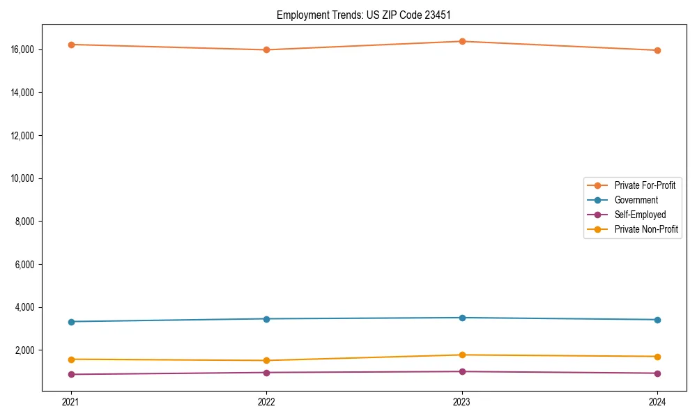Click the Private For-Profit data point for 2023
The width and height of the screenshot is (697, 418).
pos(462,41)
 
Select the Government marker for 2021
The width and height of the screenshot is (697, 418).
pos(71,321)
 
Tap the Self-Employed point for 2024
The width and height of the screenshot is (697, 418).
pos(657,373)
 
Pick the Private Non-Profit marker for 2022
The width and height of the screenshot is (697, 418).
pos(266,360)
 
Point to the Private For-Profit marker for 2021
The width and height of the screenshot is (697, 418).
pos(71,45)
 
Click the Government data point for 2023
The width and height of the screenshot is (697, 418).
pos(462,318)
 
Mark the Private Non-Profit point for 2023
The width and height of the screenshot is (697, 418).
pos(462,355)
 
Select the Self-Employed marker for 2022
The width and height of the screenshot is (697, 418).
pos(266,372)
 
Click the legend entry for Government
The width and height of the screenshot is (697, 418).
pos(636,200)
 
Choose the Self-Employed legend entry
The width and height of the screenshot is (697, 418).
pos(640,215)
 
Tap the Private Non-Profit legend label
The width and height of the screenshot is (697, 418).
pos(646,229)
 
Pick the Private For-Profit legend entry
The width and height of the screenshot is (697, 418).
pos(644,185)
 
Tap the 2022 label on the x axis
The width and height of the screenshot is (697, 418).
pos(266,401)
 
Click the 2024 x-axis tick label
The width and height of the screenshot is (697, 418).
pos(657,401)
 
